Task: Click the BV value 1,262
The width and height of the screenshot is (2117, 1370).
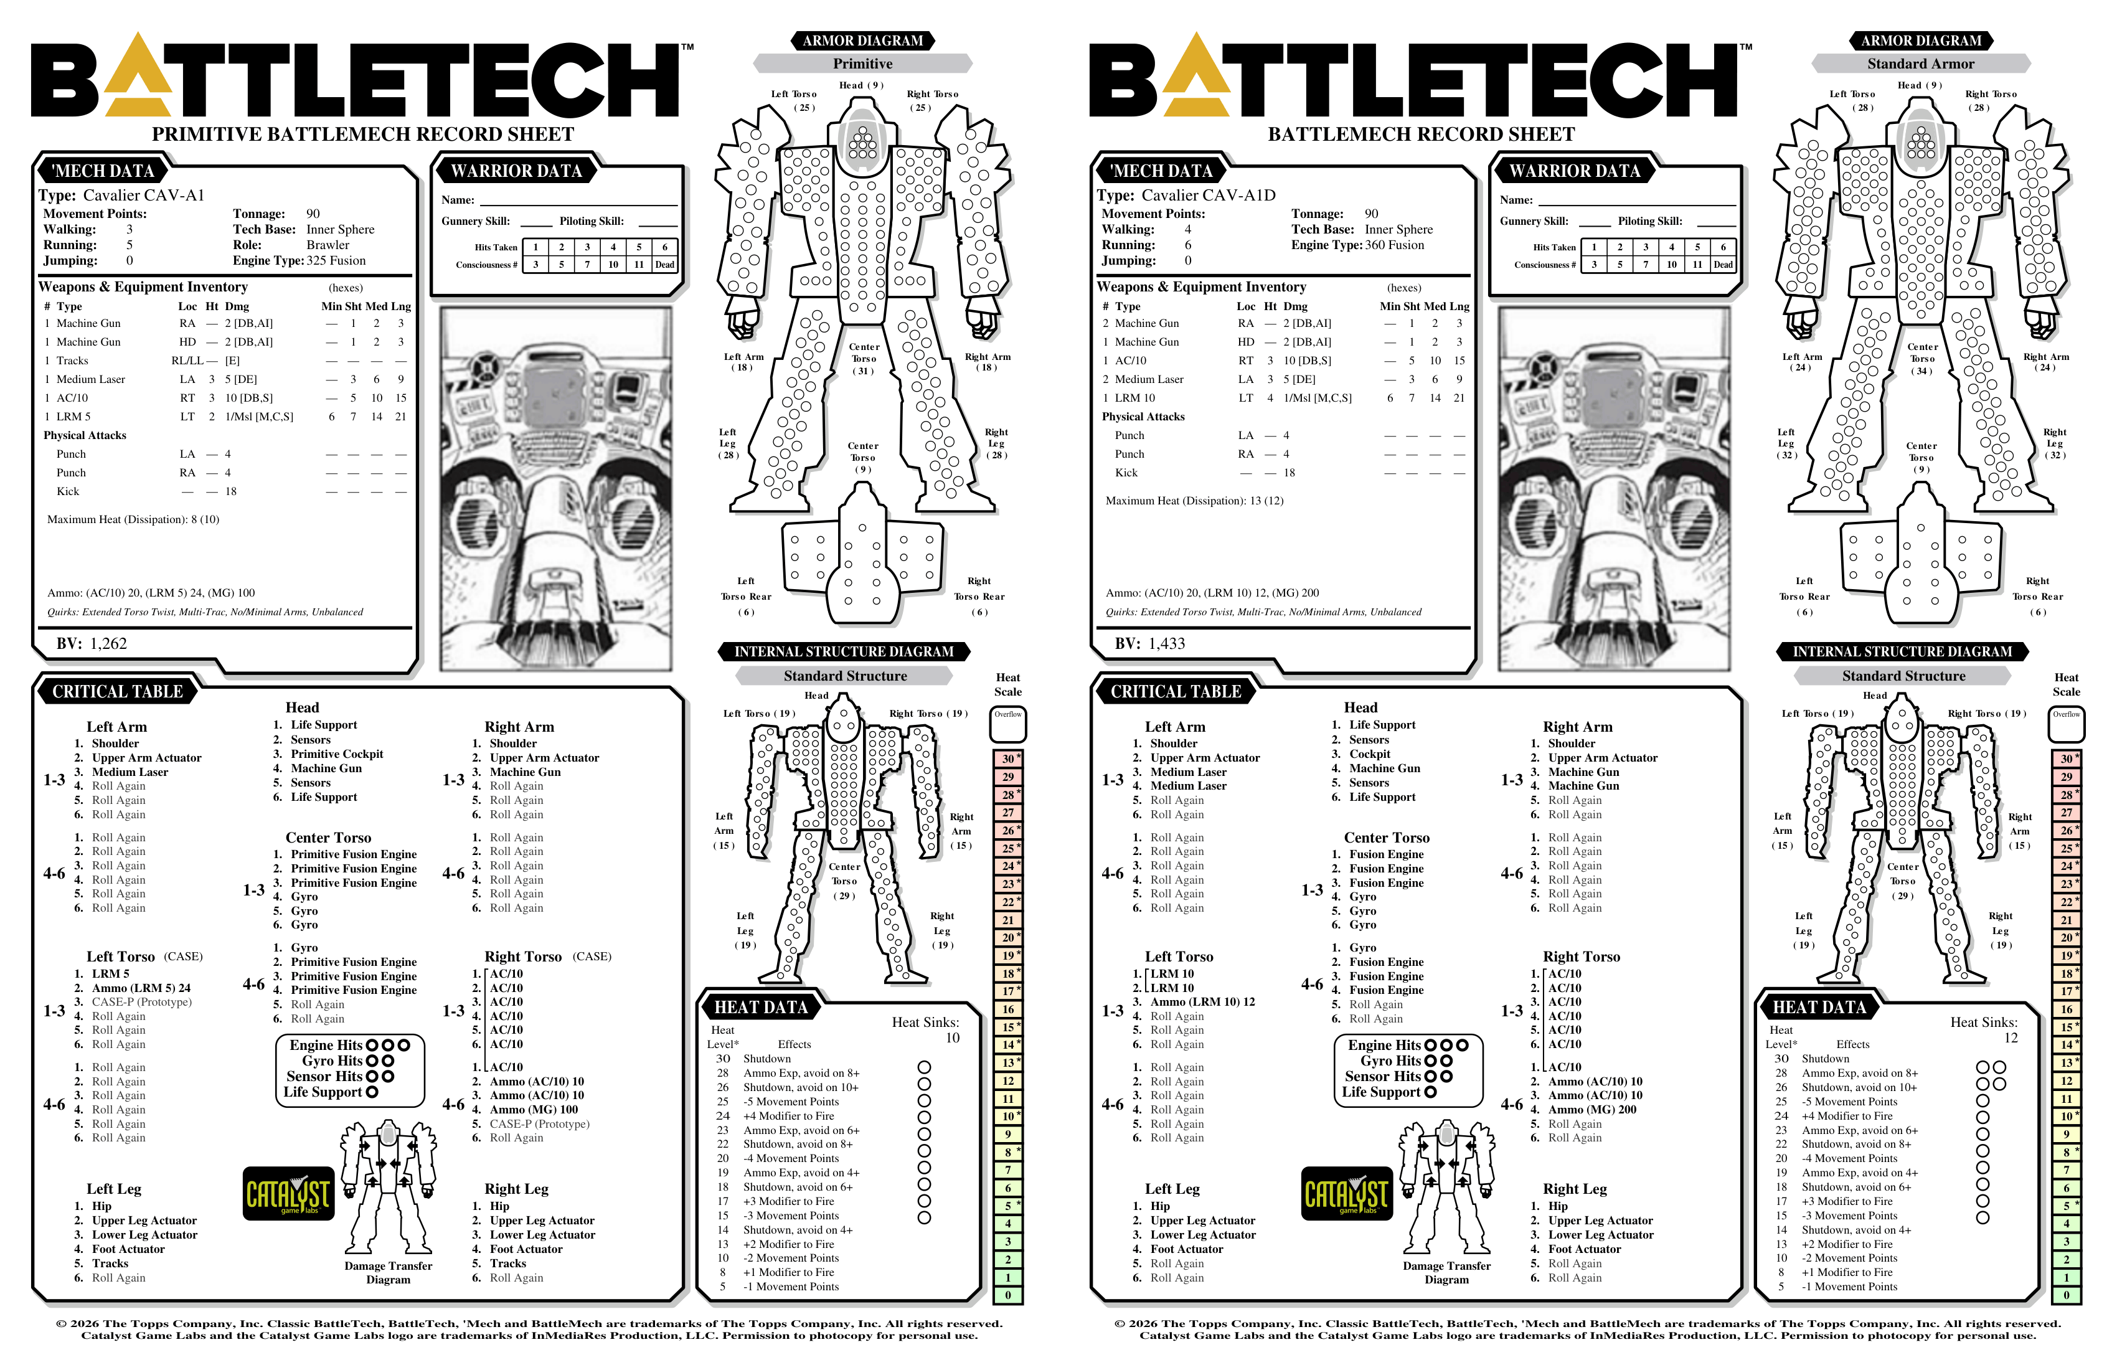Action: point(108,643)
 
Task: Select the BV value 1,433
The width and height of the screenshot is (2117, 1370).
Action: point(1167,643)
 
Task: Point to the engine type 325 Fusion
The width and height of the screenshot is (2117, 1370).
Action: point(336,261)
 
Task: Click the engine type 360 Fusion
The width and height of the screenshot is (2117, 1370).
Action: point(1395,245)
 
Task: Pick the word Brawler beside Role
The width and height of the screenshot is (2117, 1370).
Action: point(328,245)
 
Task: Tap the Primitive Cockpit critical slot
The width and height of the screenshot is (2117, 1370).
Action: point(337,754)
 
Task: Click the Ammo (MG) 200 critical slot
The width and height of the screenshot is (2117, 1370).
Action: point(1592,1109)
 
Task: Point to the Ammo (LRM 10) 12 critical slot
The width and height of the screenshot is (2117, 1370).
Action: point(1202,1002)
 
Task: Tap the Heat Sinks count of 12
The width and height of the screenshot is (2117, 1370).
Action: point(2011,1038)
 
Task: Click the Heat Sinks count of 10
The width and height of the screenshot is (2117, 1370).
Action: point(952,1038)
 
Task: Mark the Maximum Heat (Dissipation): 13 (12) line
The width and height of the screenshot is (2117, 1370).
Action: point(1195,501)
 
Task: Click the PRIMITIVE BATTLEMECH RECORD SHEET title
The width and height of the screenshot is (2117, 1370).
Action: point(363,135)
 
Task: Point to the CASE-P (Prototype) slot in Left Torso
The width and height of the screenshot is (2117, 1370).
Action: point(141,1002)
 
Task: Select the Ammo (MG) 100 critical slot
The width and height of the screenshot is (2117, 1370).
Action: point(534,1109)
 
